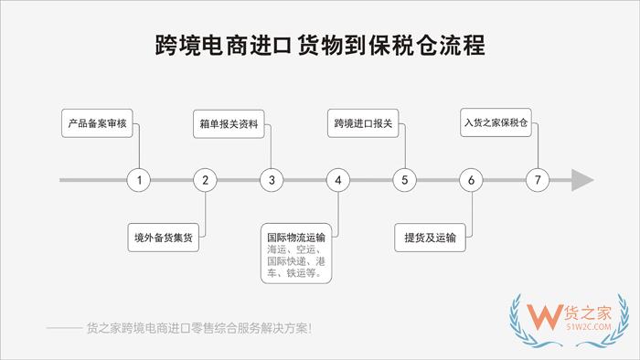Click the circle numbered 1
click(139, 180)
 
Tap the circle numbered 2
click(206, 180)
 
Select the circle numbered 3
click(272, 180)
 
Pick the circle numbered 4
click(338, 180)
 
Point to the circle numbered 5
click(405, 180)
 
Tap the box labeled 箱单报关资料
click(229, 122)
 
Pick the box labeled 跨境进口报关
click(363, 122)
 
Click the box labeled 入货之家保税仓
click(496, 122)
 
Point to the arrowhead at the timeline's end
click(581, 180)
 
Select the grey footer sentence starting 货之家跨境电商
click(197, 326)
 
